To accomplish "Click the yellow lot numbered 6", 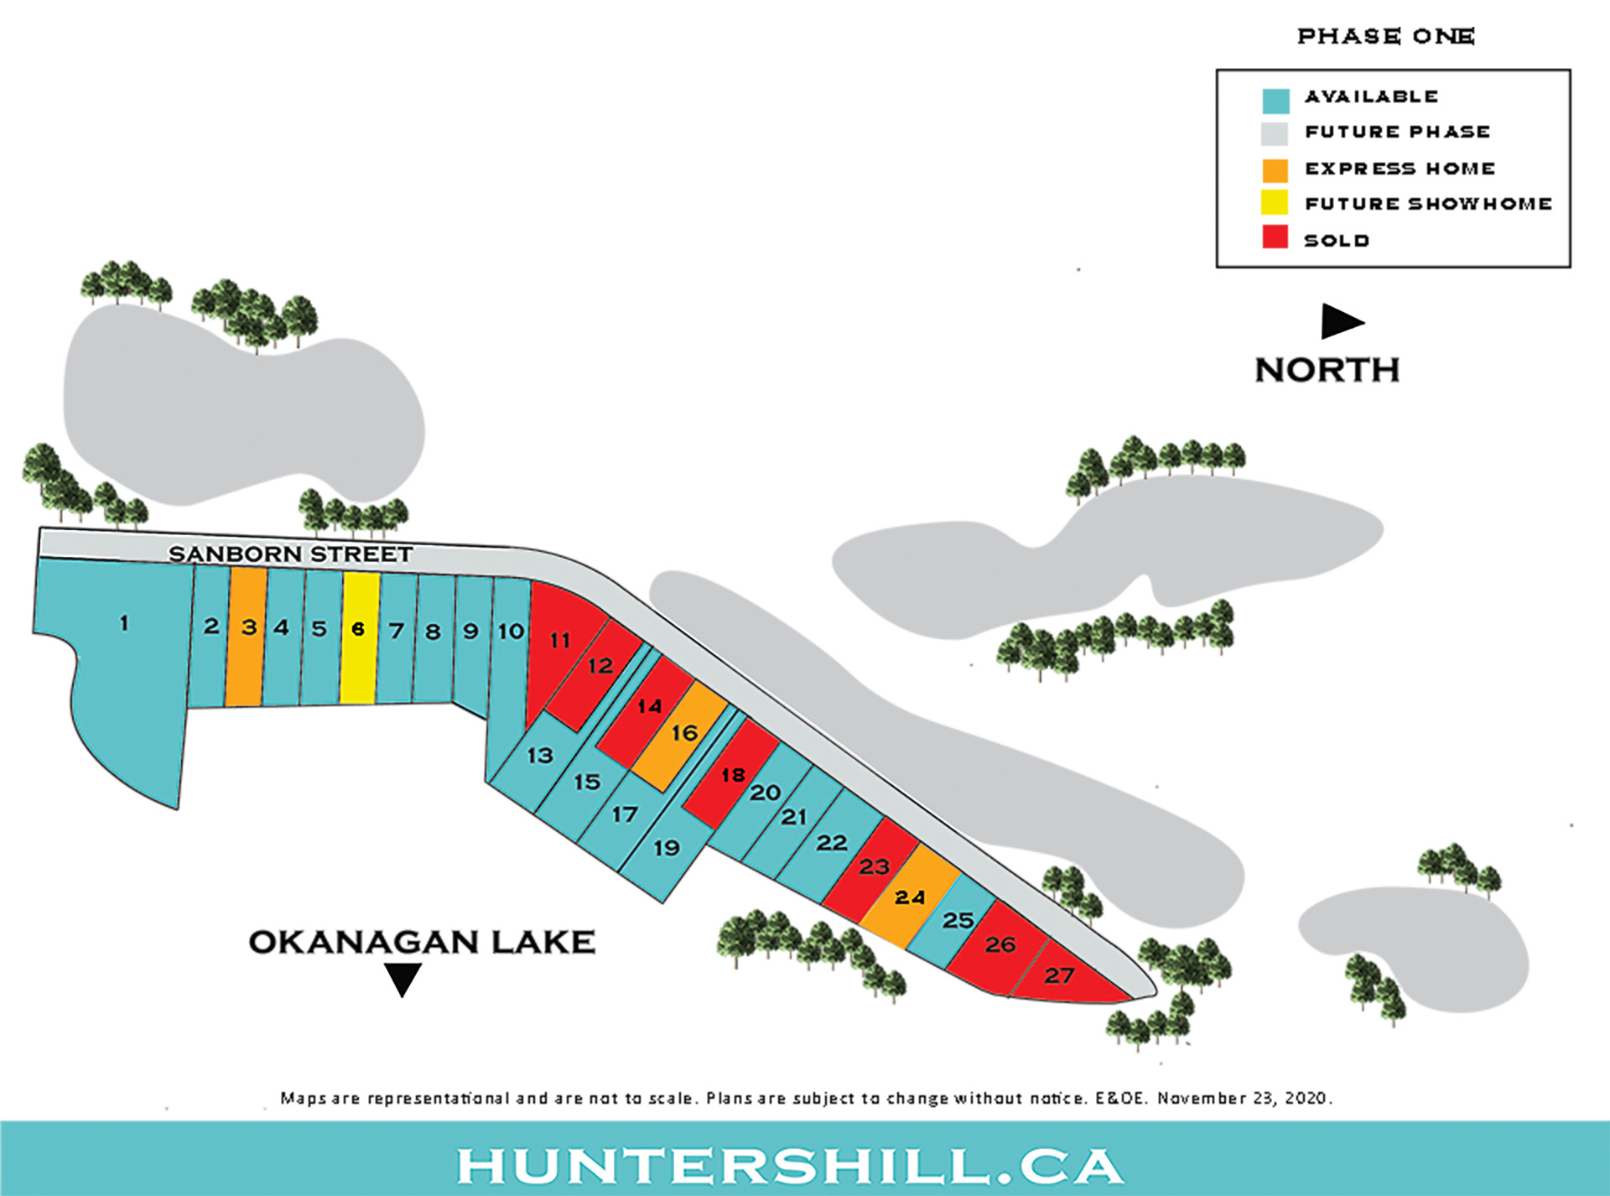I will pos(360,637).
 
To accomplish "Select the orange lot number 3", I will pos(247,637).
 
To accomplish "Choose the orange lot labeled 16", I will pos(683,735).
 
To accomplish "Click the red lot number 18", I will pos(732,773).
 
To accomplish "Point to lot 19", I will pos(667,847).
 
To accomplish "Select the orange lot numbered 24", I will pos(910,897).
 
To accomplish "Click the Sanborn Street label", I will pos(290,554).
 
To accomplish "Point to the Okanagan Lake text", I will pos(422,942).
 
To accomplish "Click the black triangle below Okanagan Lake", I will pos(402,978).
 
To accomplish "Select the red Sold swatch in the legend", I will pos(1275,237).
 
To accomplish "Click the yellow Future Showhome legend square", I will pos(1275,202).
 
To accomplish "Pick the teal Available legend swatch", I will pos(1275,101).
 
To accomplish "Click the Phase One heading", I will pos(1385,36).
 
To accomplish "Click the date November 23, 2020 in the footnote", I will pos(1244,1098).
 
